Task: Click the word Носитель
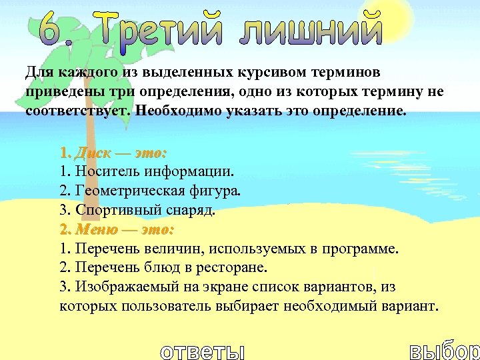tap(106, 172)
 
